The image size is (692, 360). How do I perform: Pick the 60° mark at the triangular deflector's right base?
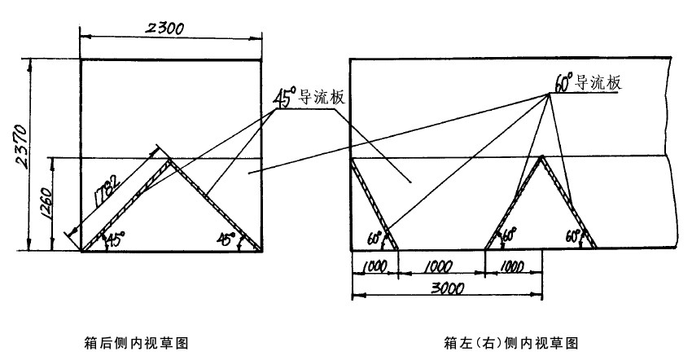pyautogui.click(x=574, y=237)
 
